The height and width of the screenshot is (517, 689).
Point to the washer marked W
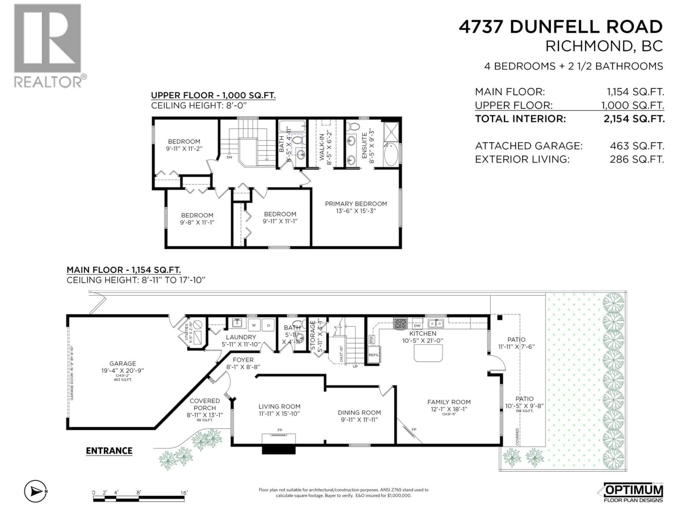click(254, 325)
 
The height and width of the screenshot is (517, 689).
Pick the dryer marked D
click(268, 325)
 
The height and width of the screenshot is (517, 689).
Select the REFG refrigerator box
click(374, 355)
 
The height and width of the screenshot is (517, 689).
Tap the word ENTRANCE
click(109, 451)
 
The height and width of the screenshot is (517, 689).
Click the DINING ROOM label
click(359, 412)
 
